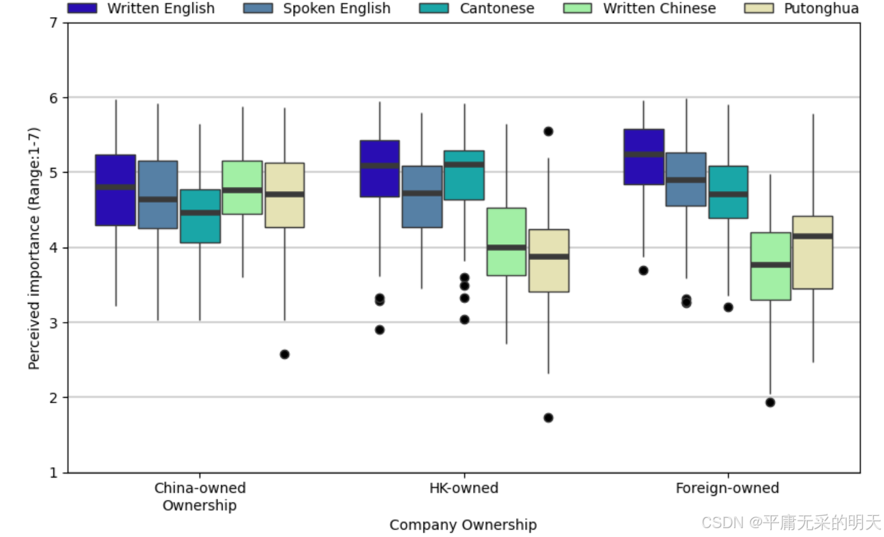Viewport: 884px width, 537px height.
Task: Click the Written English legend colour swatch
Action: (82, 8)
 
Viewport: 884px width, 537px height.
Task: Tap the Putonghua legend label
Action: (821, 8)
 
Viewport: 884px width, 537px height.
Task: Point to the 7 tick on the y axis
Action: (54, 23)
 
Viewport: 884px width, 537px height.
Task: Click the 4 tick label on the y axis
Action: (54, 248)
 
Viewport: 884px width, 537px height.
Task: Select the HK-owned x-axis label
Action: (464, 488)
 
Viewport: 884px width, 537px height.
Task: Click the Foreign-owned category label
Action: (728, 488)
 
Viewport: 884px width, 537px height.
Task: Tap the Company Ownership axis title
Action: (463, 525)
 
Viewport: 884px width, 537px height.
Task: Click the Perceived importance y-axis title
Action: (34, 248)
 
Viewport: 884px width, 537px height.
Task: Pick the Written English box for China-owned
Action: (116, 190)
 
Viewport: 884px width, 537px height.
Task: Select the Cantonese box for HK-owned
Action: (464, 175)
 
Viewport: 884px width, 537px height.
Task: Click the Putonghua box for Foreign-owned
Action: (813, 252)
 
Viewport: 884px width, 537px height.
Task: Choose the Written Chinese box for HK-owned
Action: (506, 242)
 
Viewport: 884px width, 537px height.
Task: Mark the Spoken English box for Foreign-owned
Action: (686, 179)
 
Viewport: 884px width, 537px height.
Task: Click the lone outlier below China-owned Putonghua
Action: (284, 354)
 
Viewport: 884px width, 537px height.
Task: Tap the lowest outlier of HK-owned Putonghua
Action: (548, 418)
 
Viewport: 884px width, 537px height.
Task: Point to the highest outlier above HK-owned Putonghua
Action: (548, 131)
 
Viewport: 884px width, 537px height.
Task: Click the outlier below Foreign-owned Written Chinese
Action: (770, 403)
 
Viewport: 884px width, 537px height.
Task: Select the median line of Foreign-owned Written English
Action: (644, 154)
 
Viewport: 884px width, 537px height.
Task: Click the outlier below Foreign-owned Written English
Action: (643, 271)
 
